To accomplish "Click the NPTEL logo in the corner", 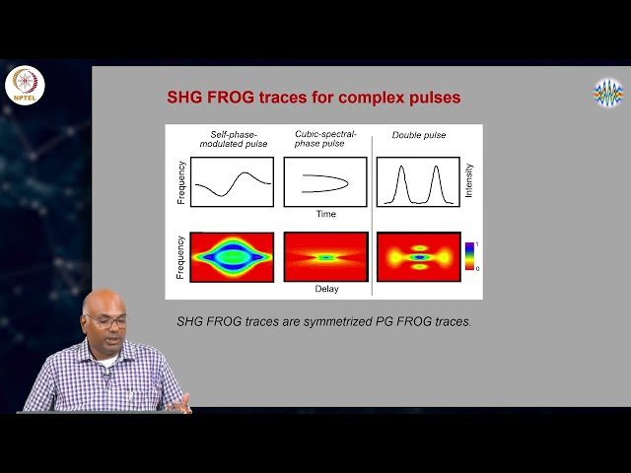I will click(x=25, y=86).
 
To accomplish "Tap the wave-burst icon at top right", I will click(x=607, y=93).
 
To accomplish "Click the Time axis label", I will click(x=326, y=214).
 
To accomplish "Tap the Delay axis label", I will click(x=326, y=289).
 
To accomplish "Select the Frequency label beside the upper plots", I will click(x=180, y=182).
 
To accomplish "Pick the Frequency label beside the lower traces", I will click(x=180, y=256).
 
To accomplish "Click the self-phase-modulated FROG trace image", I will click(x=232, y=257).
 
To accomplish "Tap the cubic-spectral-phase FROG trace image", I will click(x=325, y=257).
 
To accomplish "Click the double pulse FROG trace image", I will click(x=419, y=257).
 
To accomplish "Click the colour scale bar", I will click(x=468, y=254).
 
